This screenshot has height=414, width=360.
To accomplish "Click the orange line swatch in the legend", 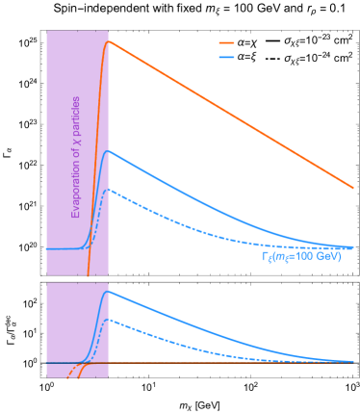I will coord(226,43).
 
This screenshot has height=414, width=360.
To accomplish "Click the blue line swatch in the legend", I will coord(226,57).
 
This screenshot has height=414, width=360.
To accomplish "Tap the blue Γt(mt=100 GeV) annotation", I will coord(300,257).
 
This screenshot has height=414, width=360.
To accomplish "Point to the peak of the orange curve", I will coord(108,41).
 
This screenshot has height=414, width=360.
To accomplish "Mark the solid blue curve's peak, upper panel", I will coord(108,151).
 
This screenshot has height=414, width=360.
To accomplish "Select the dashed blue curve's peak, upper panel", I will coord(108,190).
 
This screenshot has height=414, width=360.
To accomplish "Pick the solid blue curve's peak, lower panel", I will coord(108,291).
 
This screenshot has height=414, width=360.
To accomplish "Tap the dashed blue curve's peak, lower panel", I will coord(108,320).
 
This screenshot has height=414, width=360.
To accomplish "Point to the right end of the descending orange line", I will coord(352,187).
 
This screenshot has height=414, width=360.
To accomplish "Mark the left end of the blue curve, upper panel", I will coord(47,248).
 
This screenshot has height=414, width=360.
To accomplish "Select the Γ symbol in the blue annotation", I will coord(265,257).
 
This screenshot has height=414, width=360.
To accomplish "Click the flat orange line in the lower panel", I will coord(231,362).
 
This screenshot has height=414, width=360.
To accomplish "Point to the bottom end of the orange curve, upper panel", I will coord(89,274).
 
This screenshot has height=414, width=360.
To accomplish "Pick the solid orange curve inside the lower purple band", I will coord(88,367).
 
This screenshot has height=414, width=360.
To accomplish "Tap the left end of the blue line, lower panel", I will coord(47,362).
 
